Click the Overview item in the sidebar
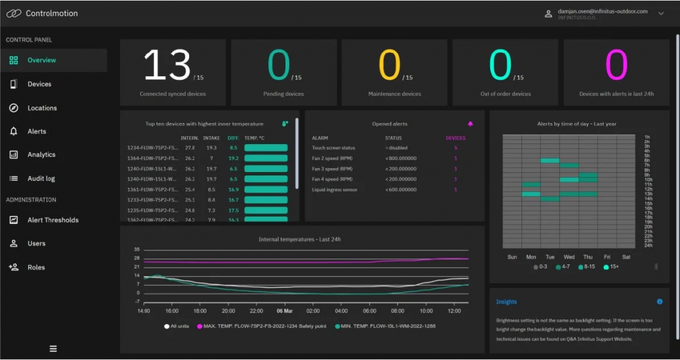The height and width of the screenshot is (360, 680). click(x=41, y=60)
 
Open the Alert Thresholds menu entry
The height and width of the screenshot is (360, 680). click(x=52, y=220)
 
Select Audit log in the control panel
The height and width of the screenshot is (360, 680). click(x=41, y=179)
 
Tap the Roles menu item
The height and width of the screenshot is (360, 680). click(x=36, y=268)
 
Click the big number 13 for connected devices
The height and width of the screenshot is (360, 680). click(x=167, y=66)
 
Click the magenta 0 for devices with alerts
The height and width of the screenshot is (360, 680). click(x=616, y=66)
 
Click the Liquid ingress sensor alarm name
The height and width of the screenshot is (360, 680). click(x=335, y=190)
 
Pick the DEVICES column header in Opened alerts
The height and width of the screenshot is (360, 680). click(x=455, y=138)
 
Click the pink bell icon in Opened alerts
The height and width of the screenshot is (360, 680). click(x=470, y=124)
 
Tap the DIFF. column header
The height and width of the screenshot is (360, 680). click(x=233, y=138)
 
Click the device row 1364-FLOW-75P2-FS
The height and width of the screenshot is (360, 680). click(x=152, y=159)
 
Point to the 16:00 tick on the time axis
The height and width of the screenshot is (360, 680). click(x=171, y=311)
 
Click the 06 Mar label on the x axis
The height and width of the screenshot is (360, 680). click(x=286, y=311)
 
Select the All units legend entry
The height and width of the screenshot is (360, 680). click(x=178, y=326)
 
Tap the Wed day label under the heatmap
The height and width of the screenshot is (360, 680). click(x=569, y=256)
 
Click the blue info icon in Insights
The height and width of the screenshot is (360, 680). click(x=659, y=302)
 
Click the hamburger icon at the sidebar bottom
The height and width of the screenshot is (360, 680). click(x=53, y=349)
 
